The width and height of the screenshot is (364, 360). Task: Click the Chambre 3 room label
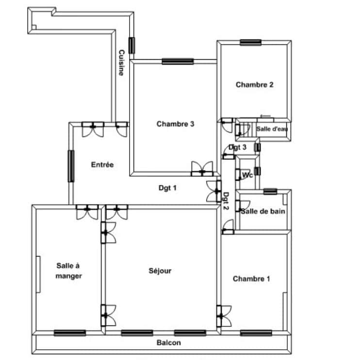coord(175,124)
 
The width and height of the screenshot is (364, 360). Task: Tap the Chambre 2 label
coord(254,85)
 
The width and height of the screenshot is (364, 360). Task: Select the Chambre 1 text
coord(251,279)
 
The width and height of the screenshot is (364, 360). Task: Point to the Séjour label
coord(160,271)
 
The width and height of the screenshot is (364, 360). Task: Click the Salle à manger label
coord(68,271)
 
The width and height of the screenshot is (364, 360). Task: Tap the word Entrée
coord(102,165)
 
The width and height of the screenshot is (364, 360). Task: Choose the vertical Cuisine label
coord(121,63)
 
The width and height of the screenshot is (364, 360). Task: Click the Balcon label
coord(169,343)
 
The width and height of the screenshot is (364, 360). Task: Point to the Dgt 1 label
coord(167,188)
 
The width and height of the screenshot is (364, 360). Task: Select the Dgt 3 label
coord(237,147)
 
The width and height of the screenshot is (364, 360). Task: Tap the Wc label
coord(247,175)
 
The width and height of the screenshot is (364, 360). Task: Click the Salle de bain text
coord(263,211)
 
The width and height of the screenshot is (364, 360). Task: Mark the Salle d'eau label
coord(272,129)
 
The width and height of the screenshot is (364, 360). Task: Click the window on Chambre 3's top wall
coord(178,61)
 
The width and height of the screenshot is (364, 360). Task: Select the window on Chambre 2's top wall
coord(251,43)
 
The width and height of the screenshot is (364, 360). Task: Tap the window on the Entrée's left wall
coord(71,166)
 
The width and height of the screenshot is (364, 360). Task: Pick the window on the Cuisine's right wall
coord(132,46)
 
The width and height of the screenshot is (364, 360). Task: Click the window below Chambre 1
coord(256,333)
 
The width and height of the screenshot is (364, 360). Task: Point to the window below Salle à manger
coord(70,333)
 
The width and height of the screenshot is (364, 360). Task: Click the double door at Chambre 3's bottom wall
coord(202,169)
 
